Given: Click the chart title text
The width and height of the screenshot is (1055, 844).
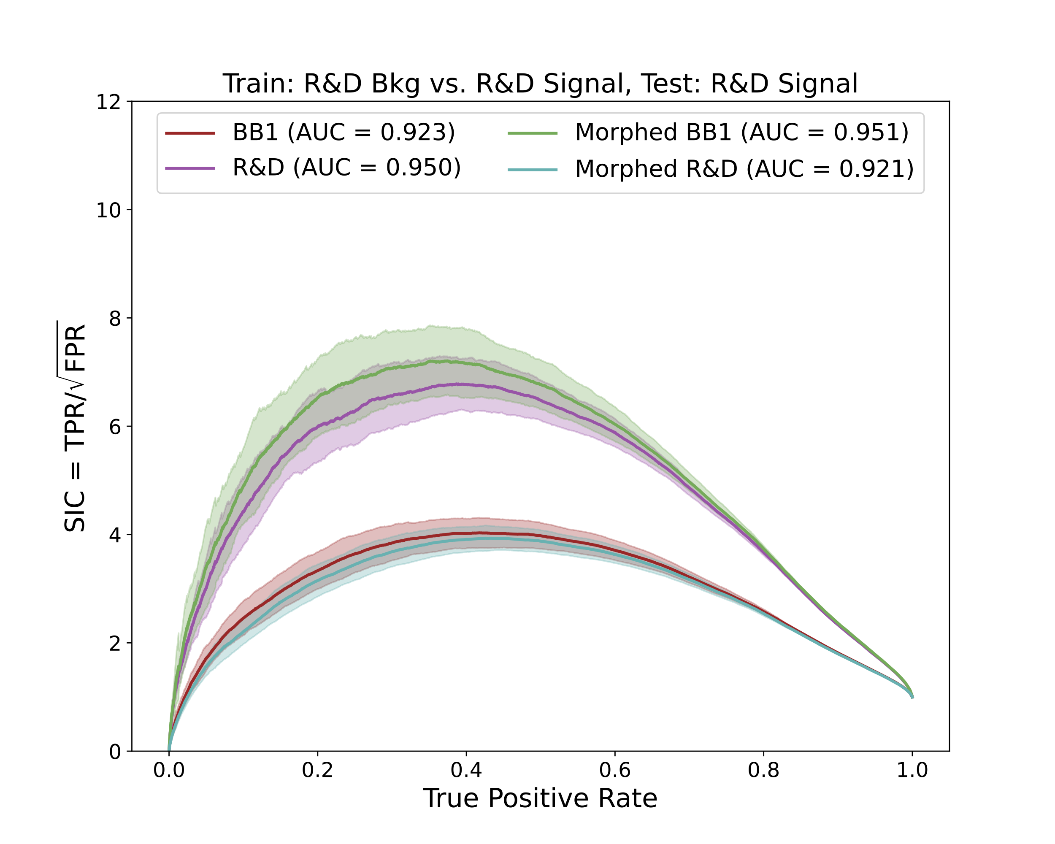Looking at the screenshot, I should pyautogui.click(x=540, y=84).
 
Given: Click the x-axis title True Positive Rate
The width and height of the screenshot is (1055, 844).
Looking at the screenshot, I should pyautogui.click(x=540, y=798).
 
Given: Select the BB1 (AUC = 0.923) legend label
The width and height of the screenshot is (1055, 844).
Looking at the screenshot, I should pyautogui.click(x=344, y=133).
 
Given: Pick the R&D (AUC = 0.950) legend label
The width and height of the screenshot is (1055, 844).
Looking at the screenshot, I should pyautogui.click(x=346, y=168).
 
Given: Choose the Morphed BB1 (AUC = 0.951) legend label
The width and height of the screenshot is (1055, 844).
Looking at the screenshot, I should pyautogui.click(x=741, y=133).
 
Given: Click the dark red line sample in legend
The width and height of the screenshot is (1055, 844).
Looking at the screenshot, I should pyautogui.click(x=190, y=133).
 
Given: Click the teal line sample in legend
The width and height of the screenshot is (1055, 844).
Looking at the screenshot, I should pyautogui.click(x=533, y=170).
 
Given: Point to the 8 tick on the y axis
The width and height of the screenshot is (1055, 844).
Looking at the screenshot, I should pyautogui.click(x=114, y=319).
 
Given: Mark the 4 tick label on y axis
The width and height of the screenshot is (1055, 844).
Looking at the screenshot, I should pyautogui.click(x=114, y=535).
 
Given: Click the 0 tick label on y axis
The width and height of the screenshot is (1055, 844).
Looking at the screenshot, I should pyautogui.click(x=114, y=752).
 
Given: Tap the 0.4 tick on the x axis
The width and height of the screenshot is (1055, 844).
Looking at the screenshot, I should pyautogui.click(x=466, y=771).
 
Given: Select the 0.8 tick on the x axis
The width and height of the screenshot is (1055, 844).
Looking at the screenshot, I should pyautogui.click(x=763, y=771).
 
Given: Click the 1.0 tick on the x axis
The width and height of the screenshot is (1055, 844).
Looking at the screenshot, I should pyautogui.click(x=912, y=771).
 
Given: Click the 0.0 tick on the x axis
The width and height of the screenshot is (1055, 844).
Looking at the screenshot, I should pyautogui.click(x=169, y=771).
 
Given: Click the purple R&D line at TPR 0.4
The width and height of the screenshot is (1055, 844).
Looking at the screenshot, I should pyautogui.click(x=466, y=384).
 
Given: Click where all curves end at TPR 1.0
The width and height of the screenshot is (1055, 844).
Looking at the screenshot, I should pyautogui.click(x=912, y=697).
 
